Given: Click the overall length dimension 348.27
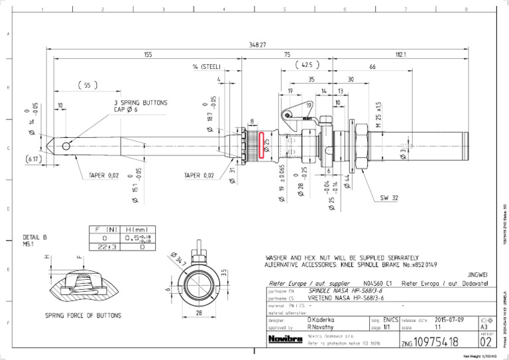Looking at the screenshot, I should pyautogui.click(x=258, y=44).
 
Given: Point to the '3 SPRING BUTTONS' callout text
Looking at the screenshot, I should pyautogui.click(x=140, y=103).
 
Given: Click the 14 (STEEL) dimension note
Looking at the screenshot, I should pyautogui.click(x=206, y=67).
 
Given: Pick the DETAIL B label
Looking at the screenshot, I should pyautogui.click(x=35, y=237).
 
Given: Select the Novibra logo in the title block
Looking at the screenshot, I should pyautogui.click(x=284, y=339).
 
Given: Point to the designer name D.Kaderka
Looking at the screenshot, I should pyautogui.click(x=321, y=320).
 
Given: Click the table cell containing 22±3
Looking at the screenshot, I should pyautogui.click(x=104, y=247).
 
